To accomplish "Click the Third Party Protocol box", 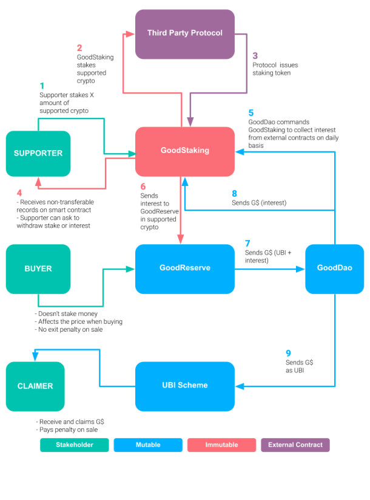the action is [184, 34].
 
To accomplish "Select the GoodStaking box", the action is [184, 151].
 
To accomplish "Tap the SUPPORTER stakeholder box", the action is [38, 154].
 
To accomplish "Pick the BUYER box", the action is [38, 269].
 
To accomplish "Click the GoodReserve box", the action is [184, 269].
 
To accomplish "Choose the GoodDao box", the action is [334, 269].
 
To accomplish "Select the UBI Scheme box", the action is [184, 386].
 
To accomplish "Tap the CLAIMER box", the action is [35, 386].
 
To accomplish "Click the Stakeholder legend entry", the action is [75, 445].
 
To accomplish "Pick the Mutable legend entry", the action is [148, 445].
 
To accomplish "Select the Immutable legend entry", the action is [221, 445].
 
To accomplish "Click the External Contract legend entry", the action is [295, 445].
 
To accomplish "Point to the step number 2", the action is [79, 48].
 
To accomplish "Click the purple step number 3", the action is [255, 56].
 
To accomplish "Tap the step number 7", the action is [247, 243].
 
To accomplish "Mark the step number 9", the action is [288, 353].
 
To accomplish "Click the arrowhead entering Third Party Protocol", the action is [130, 34].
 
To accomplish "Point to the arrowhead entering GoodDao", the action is [301, 269].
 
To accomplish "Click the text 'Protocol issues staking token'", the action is [275, 69].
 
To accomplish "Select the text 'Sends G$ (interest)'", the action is [259, 203].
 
